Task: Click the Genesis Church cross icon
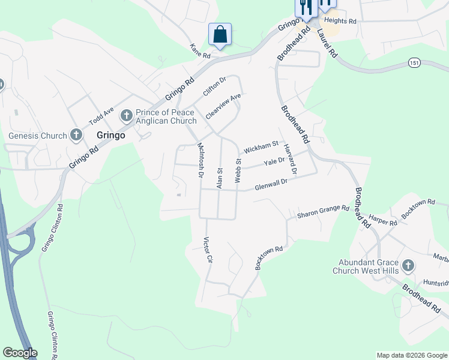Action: [76, 135]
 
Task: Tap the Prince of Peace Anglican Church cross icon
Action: [127, 114]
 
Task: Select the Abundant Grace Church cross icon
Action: [408, 265]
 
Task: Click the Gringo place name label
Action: [111, 136]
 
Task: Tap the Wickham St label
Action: [259, 146]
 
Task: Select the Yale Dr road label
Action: [274, 163]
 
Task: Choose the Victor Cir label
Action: [209, 252]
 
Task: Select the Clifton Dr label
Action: [214, 86]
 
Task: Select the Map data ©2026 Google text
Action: [412, 355]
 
